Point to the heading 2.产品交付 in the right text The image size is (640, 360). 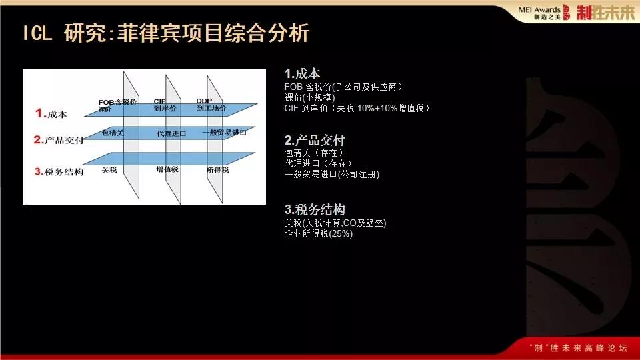315,141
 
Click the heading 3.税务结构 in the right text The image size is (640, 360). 315,209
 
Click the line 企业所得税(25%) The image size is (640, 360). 318,233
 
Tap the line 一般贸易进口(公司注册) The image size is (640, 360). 331,174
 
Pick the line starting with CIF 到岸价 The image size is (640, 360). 357,107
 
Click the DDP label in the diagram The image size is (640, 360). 204,101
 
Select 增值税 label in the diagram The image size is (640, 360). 167,170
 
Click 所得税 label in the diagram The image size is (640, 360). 217,170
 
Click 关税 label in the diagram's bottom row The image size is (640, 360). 109,170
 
